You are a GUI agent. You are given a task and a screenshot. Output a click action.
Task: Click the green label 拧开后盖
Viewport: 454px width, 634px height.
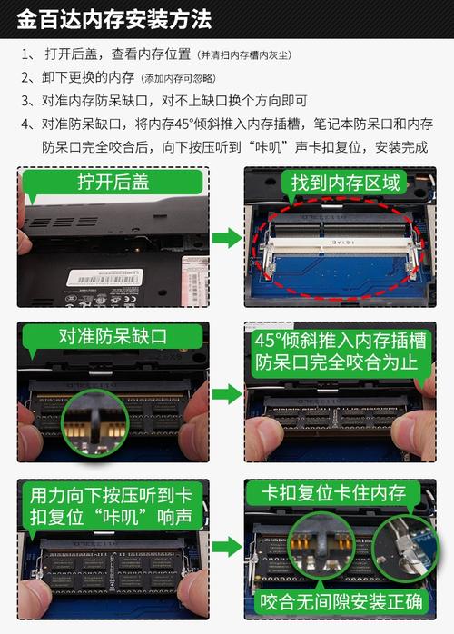[113, 183]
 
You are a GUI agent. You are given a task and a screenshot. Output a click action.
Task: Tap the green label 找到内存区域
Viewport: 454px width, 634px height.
[344, 183]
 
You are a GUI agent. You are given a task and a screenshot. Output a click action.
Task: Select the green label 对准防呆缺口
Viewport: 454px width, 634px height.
[113, 336]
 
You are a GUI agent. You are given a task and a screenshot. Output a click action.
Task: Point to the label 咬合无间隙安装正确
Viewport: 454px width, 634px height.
[340, 601]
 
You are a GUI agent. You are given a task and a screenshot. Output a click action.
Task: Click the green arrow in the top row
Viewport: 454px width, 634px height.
[226, 238]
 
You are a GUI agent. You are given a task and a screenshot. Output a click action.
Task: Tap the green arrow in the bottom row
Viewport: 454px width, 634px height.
[226, 547]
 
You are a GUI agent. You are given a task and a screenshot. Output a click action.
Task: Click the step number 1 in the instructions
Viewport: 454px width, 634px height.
[26, 54]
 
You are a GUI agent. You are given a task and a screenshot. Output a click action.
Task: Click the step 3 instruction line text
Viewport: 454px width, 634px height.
[173, 100]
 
